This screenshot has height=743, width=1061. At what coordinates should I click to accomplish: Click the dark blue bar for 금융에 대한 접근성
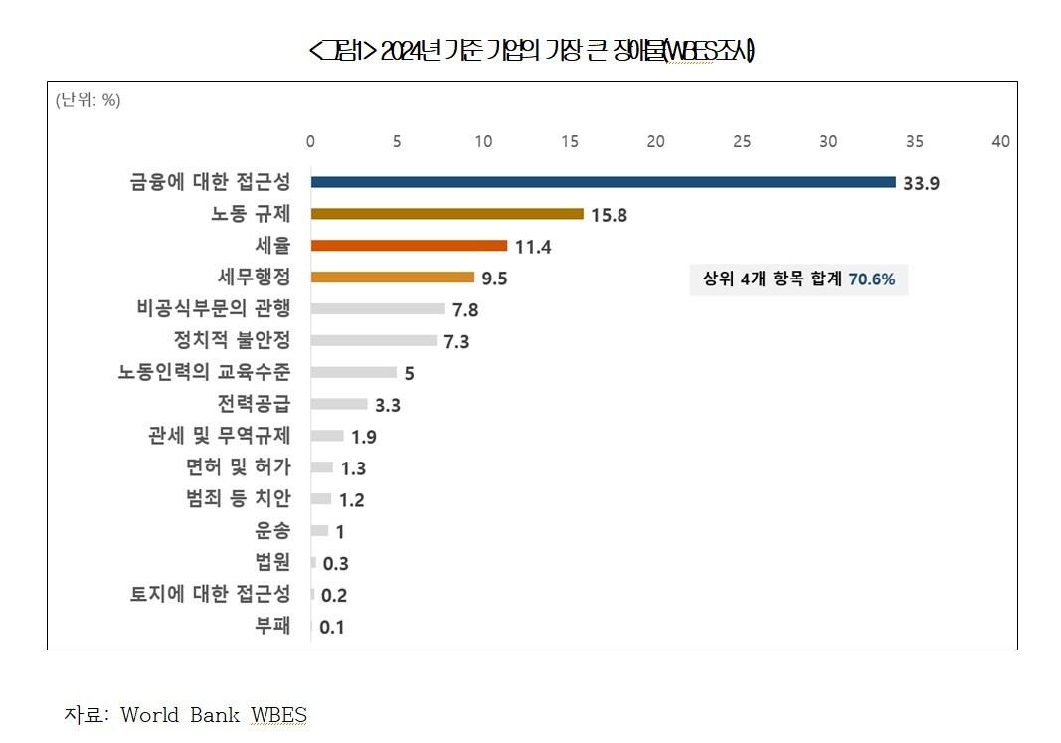[x=603, y=182]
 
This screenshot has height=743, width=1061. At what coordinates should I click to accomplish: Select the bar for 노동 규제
[x=446, y=214]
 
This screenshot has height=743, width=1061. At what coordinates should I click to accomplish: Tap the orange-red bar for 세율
[x=409, y=246]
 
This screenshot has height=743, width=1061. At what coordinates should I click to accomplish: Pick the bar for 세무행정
[x=392, y=278]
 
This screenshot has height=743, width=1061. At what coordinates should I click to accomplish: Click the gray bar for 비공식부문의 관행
[x=378, y=309]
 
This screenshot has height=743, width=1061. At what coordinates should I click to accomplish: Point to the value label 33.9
[x=922, y=183]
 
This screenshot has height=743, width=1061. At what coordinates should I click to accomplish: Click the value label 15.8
[x=609, y=215]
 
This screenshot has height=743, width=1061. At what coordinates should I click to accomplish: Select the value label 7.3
[x=457, y=342]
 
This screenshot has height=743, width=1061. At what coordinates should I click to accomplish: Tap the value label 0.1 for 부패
[x=332, y=628]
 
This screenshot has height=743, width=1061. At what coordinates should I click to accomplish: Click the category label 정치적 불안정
[x=233, y=340]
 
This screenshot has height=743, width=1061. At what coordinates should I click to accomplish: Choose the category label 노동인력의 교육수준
[x=205, y=372]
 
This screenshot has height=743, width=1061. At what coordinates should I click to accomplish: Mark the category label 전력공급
[x=255, y=404]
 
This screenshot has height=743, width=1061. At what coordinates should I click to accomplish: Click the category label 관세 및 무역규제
[x=219, y=436]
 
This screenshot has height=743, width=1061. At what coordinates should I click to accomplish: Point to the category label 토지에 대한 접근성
[x=211, y=595]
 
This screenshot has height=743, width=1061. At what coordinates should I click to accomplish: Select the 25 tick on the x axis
[x=742, y=141]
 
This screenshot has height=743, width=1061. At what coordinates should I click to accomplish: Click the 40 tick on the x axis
[x=1000, y=141]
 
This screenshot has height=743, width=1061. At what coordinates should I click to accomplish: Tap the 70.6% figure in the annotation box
[x=872, y=280]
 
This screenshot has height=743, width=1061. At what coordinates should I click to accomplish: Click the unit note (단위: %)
[x=88, y=99]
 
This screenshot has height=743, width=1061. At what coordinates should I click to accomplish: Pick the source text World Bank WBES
[x=214, y=715]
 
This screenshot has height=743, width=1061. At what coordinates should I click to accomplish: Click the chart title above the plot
[x=532, y=52]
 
